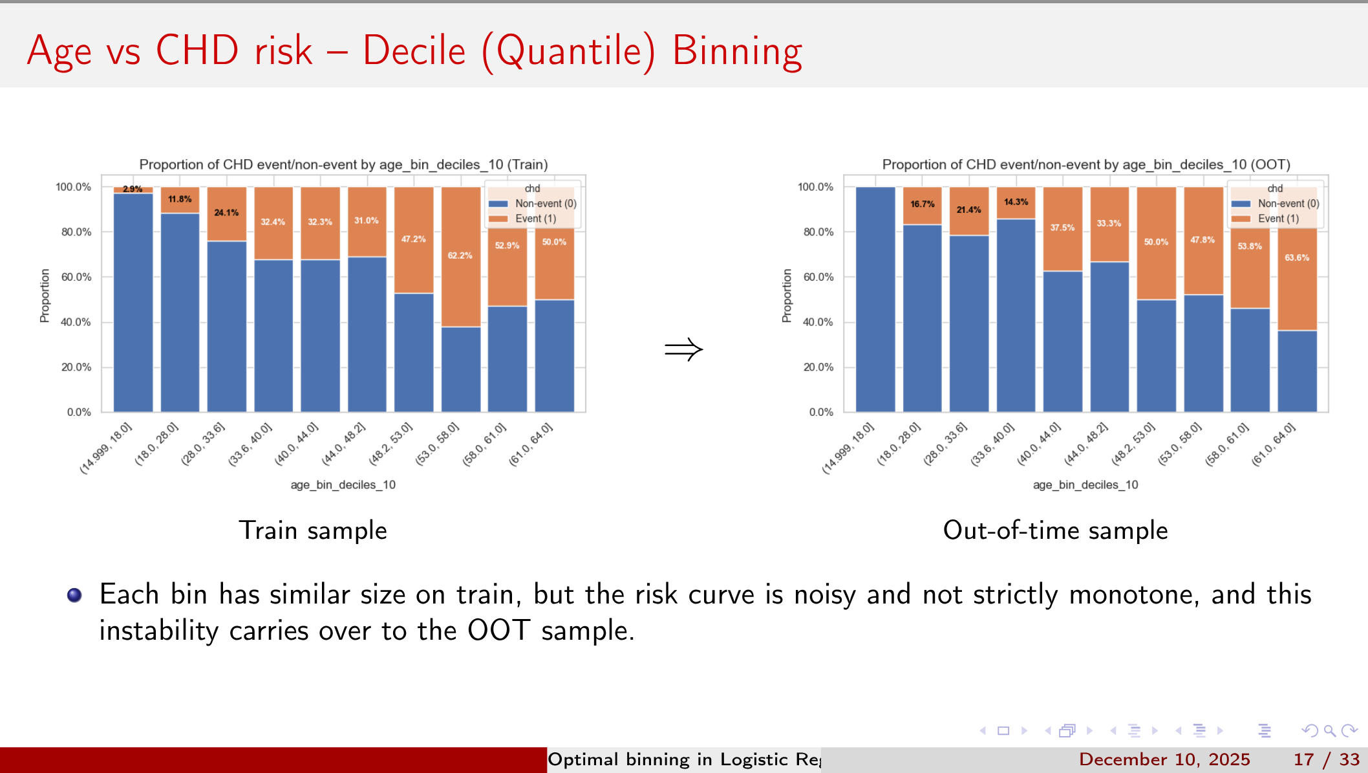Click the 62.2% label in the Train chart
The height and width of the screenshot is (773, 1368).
pyautogui.click(x=460, y=256)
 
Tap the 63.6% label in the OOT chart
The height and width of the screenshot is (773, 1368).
pyautogui.click(x=1297, y=257)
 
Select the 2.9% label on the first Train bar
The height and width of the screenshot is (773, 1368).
pyautogui.click(x=133, y=189)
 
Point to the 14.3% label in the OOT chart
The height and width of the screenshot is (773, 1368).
pyautogui.click(x=1016, y=202)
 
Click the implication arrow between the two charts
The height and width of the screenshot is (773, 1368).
pyautogui.click(x=683, y=350)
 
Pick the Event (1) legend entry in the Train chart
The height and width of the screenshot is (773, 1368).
pyautogui.click(x=535, y=219)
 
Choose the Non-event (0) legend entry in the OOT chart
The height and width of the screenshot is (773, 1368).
pyautogui.click(x=1287, y=203)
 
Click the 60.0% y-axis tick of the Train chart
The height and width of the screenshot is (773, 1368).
pyautogui.click(x=76, y=277)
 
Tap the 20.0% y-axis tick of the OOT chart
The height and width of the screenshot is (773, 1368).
pyautogui.click(x=818, y=367)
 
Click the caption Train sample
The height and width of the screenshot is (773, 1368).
pyautogui.click(x=313, y=530)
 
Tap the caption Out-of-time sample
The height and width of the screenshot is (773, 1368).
pyautogui.click(x=1055, y=530)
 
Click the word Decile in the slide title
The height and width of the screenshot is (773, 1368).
pyautogui.click(x=414, y=51)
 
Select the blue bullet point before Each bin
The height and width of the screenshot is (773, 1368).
pyautogui.click(x=74, y=595)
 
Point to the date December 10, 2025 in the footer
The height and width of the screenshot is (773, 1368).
pyautogui.click(x=1164, y=759)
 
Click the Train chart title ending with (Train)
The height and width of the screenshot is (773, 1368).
pyautogui.click(x=343, y=164)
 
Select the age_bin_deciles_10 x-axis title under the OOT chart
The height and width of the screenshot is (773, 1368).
pyautogui.click(x=1085, y=484)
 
